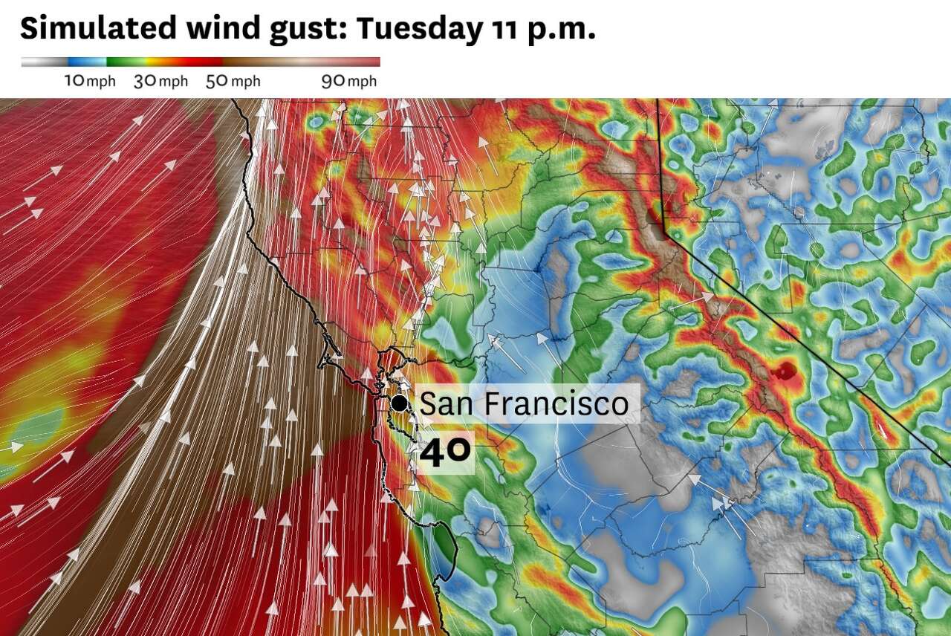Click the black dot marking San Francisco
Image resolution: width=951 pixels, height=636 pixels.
point(400,403)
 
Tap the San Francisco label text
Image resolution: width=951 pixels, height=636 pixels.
point(524,404)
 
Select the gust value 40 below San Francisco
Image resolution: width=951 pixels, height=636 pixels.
point(445,452)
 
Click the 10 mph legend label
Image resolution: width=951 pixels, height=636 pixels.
point(90,81)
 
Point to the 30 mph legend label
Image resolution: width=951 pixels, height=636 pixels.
point(160,81)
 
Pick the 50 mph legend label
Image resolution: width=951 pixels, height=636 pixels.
point(233,81)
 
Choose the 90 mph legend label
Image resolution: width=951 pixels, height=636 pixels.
point(349,81)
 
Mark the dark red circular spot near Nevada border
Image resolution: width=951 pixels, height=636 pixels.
point(785,371)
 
